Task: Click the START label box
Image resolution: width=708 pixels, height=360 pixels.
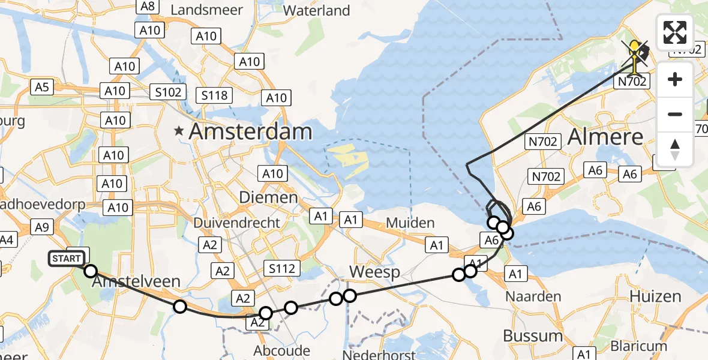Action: pyautogui.click(x=67, y=259)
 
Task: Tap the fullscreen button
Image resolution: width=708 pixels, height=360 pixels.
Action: pyautogui.click(x=675, y=32)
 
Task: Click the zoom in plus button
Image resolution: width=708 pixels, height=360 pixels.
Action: pyautogui.click(x=675, y=79)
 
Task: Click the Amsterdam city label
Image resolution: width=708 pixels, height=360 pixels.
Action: pyautogui.click(x=250, y=132)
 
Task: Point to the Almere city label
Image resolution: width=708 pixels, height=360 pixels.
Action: pyautogui.click(x=605, y=137)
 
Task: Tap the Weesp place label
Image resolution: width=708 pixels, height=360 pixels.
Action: pyautogui.click(x=374, y=272)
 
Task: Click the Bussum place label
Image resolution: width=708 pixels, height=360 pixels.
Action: pyautogui.click(x=533, y=335)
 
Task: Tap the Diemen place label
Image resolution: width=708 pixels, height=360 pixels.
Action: pyautogui.click(x=268, y=197)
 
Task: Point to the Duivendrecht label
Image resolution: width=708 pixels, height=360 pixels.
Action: pyautogui.click(x=237, y=223)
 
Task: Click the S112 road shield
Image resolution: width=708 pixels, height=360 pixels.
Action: pyautogui.click(x=282, y=268)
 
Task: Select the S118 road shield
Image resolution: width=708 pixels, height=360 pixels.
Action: pyautogui.click(x=215, y=95)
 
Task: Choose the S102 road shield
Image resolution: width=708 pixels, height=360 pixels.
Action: pyautogui.click(x=167, y=93)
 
